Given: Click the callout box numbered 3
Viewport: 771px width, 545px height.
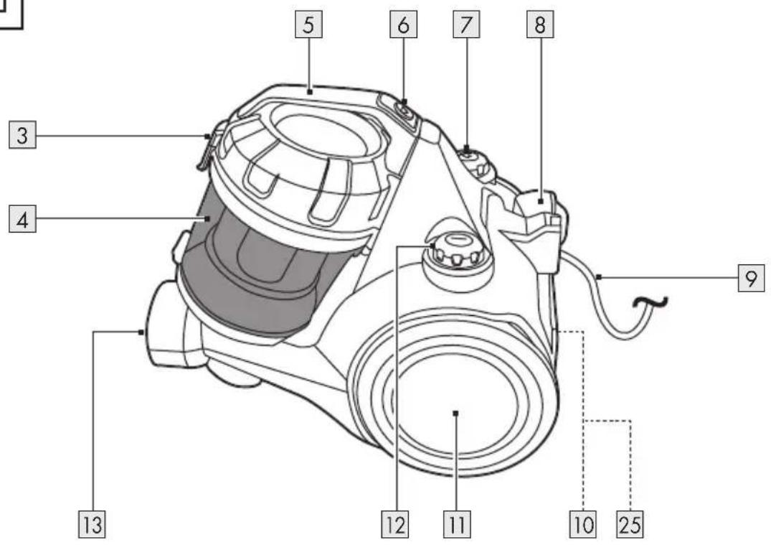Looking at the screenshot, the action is tap(23, 136).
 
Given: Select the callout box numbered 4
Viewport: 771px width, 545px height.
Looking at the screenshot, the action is tap(23, 220).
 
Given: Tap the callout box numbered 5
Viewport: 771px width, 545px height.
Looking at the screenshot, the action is tap(308, 24).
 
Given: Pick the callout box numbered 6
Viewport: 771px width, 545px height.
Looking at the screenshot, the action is tap(403, 24).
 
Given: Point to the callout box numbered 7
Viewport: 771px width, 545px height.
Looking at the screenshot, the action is tap(466, 24).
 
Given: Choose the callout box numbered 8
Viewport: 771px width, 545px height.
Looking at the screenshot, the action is tap(540, 24).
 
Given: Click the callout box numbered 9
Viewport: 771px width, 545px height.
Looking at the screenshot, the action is tap(752, 278).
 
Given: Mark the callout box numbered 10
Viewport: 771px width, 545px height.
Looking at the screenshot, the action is tap(583, 524).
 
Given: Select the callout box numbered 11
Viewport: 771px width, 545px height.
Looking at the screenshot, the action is tap(457, 524).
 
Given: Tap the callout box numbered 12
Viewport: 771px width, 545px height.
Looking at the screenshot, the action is tap(395, 524).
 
